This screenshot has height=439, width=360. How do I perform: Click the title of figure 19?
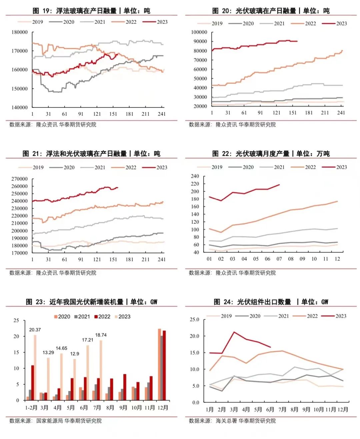click(91, 11)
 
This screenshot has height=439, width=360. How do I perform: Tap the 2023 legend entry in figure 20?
click(335, 23)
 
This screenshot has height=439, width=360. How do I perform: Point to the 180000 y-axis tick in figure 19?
click(20, 32)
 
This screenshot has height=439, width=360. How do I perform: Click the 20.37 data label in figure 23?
click(35, 330)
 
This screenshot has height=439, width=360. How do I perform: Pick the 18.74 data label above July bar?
click(101, 335)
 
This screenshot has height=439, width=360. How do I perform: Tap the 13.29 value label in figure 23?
click(48, 352)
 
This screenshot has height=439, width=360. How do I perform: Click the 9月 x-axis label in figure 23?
click(123, 408)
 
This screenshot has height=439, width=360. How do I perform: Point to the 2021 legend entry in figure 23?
click(82, 317)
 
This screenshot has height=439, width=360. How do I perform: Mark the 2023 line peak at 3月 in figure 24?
click(234, 332)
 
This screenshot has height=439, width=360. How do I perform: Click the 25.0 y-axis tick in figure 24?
click(194, 319)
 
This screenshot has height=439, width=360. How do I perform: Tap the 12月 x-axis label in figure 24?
click(343, 409)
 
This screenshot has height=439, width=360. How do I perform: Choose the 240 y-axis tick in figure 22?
click(195, 176)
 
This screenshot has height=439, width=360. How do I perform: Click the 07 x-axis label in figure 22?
click(279, 259)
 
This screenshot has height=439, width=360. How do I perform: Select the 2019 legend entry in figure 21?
click(32, 167)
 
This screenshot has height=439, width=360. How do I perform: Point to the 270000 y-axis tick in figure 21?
click(20, 179)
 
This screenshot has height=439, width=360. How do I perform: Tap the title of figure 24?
click(271, 302)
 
